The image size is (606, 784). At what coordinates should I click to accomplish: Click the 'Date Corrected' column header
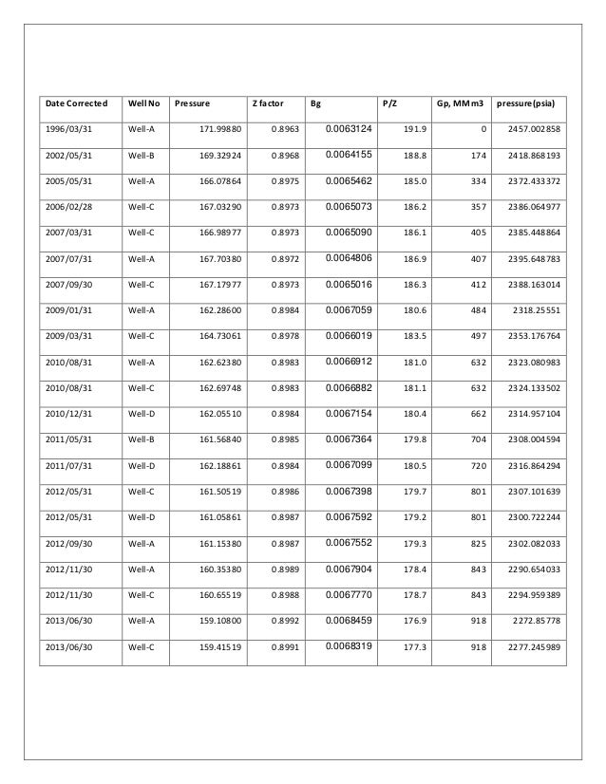pyautogui.click(x=77, y=103)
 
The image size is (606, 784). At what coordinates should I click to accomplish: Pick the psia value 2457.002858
pyautogui.click(x=532, y=128)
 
